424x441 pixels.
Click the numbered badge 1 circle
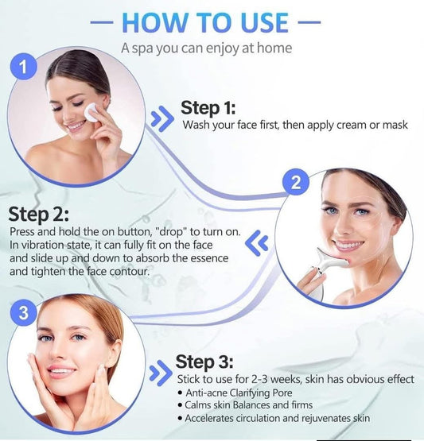click(x=23, y=67)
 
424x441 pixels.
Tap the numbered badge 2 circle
click(x=296, y=182)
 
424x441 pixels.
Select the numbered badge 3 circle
click(x=23, y=312)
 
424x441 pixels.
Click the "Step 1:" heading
click(x=208, y=108)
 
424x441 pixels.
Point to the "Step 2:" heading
click(x=38, y=215)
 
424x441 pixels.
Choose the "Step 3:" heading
click(x=204, y=362)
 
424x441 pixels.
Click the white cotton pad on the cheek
click(x=91, y=112)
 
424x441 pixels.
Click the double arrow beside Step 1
click(x=162, y=118)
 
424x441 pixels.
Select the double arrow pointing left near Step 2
click(x=256, y=243)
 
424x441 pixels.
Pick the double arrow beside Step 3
click(x=161, y=373)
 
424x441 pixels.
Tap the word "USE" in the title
click(x=265, y=22)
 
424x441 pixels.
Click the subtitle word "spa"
click(x=142, y=48)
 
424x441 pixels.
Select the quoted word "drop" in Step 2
click(x=173, y=231)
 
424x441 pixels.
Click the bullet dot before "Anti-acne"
click(x=181, y=393)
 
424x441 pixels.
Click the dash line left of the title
click(x=102, y=22)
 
